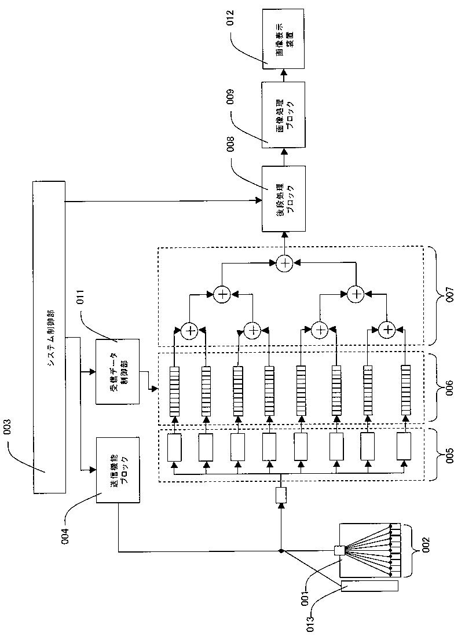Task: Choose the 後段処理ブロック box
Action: coord(283,199)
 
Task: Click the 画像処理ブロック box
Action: coord(283,114)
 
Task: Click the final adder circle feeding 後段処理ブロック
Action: coord(284,264)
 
